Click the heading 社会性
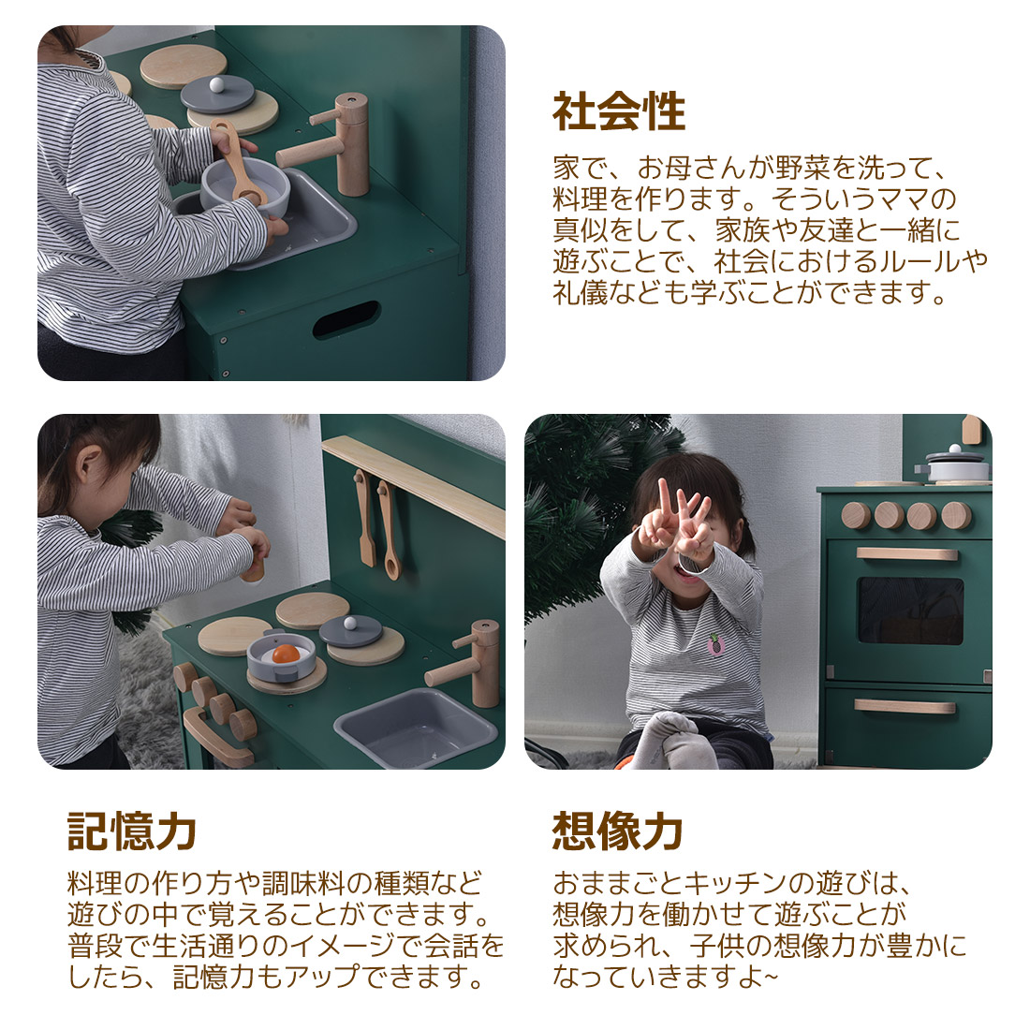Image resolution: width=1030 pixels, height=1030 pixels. (619, 111)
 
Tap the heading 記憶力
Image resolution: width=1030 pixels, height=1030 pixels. (132, 831)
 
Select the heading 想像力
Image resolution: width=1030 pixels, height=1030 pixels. (617, 831)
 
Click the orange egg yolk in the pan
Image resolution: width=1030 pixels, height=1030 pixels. (286, 654)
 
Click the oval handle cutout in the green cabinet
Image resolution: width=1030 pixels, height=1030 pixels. (346, 320)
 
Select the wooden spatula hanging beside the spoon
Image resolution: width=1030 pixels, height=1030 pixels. (364, 518)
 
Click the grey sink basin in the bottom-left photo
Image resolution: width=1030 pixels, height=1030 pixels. (416, 728)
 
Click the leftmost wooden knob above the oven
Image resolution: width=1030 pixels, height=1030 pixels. (856, 516)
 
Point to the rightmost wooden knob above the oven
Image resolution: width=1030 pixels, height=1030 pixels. (956, 516)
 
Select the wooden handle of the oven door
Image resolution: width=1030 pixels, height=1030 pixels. (906, 554)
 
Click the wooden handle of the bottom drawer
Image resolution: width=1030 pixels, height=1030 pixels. (905, 707)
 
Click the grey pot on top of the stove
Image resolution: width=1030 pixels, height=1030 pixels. (952, 463)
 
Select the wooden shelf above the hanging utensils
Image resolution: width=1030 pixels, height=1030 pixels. (414, 485)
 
